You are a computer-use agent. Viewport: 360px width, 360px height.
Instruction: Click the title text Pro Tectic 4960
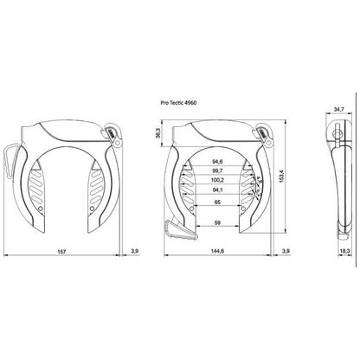coord(186,101)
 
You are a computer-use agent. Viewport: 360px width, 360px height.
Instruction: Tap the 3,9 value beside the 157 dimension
coord(134,252)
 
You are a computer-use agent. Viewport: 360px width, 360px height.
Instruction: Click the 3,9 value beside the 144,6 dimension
coord(286,252)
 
